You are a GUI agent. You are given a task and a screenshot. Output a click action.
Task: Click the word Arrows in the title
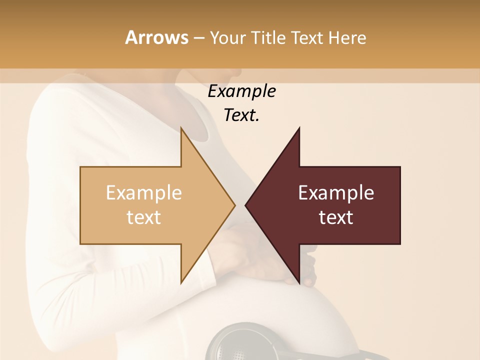click(x=156, y=37)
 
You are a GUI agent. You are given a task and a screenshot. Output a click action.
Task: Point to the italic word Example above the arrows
click(x=241, y=91)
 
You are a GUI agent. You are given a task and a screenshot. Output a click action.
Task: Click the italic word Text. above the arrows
click(x=241, y=115)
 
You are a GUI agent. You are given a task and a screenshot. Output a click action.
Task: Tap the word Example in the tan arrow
click(x=144, y=193)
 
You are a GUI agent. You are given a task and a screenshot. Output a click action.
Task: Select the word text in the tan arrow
click(x=144, y=217)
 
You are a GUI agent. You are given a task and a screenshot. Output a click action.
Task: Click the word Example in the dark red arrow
click(x=336, y=193)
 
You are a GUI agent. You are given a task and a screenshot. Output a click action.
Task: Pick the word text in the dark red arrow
click(x=336, y=217)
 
